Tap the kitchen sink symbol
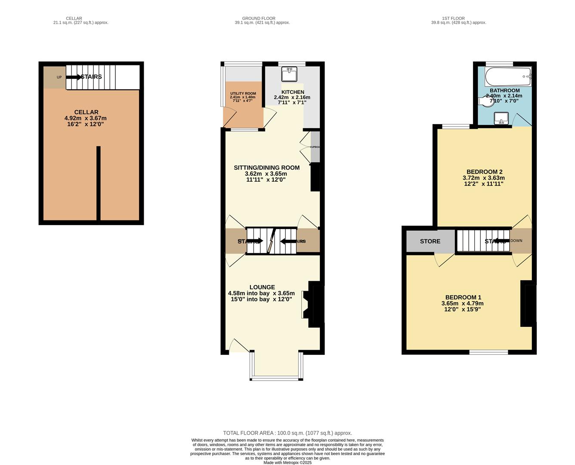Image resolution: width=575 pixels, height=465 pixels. (x=289, y=74)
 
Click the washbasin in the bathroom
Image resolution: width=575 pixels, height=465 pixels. (x=501, y=118)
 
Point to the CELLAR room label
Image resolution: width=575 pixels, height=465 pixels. (x=86, y=112)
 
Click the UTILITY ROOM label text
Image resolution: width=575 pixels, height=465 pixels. (x=243, y=93)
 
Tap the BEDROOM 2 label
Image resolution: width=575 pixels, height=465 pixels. (x=484, y=172)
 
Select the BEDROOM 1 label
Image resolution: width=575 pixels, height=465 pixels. (x=463, y=297)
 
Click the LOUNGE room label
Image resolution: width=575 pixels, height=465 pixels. (x=262, y=287)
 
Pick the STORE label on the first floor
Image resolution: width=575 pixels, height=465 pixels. (x=430, y=241)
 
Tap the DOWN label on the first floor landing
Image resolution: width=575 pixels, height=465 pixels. (x=516, y=241)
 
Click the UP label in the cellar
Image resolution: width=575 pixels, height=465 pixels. (x=59, y=77)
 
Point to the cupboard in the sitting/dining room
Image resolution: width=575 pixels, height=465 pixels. (x=315, y=147)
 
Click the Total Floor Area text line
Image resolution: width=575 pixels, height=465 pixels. (x=287, y=433)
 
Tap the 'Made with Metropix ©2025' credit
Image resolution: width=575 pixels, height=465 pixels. (x=287, y=462)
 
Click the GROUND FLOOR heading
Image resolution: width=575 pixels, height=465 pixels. (x=258, y=19)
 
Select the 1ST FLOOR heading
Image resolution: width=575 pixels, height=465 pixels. (x=453, y=19)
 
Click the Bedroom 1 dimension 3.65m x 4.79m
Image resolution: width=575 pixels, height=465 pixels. (x=462, y=303)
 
